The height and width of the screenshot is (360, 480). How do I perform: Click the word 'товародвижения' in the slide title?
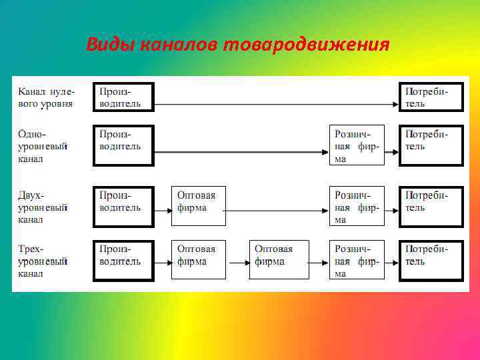pyautogui.click(x=306, y=45)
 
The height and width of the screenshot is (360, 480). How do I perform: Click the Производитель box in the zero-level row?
pyautogui.click(x=123, y=97)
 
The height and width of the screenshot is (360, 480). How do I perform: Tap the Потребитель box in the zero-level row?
pyautogui.click(x=431, y=97)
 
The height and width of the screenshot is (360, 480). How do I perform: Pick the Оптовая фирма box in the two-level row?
pyautogui.click(x=199, y=206)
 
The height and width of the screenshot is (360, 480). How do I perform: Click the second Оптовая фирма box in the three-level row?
pyautogui.click(x=279, y=260)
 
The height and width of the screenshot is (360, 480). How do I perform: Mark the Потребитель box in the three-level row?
pyautogui.click(x=431, y=260)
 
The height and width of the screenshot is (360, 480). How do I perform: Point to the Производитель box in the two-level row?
pyautogui.click(x=123, y=206)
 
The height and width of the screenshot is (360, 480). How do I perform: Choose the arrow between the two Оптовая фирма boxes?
pyautogui.click(x=237, y=261)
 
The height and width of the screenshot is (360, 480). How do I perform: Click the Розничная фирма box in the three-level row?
pyautogui.click(x=357, y=260)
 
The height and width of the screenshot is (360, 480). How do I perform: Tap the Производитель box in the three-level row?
pyautogui.click(x=123, y=260)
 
